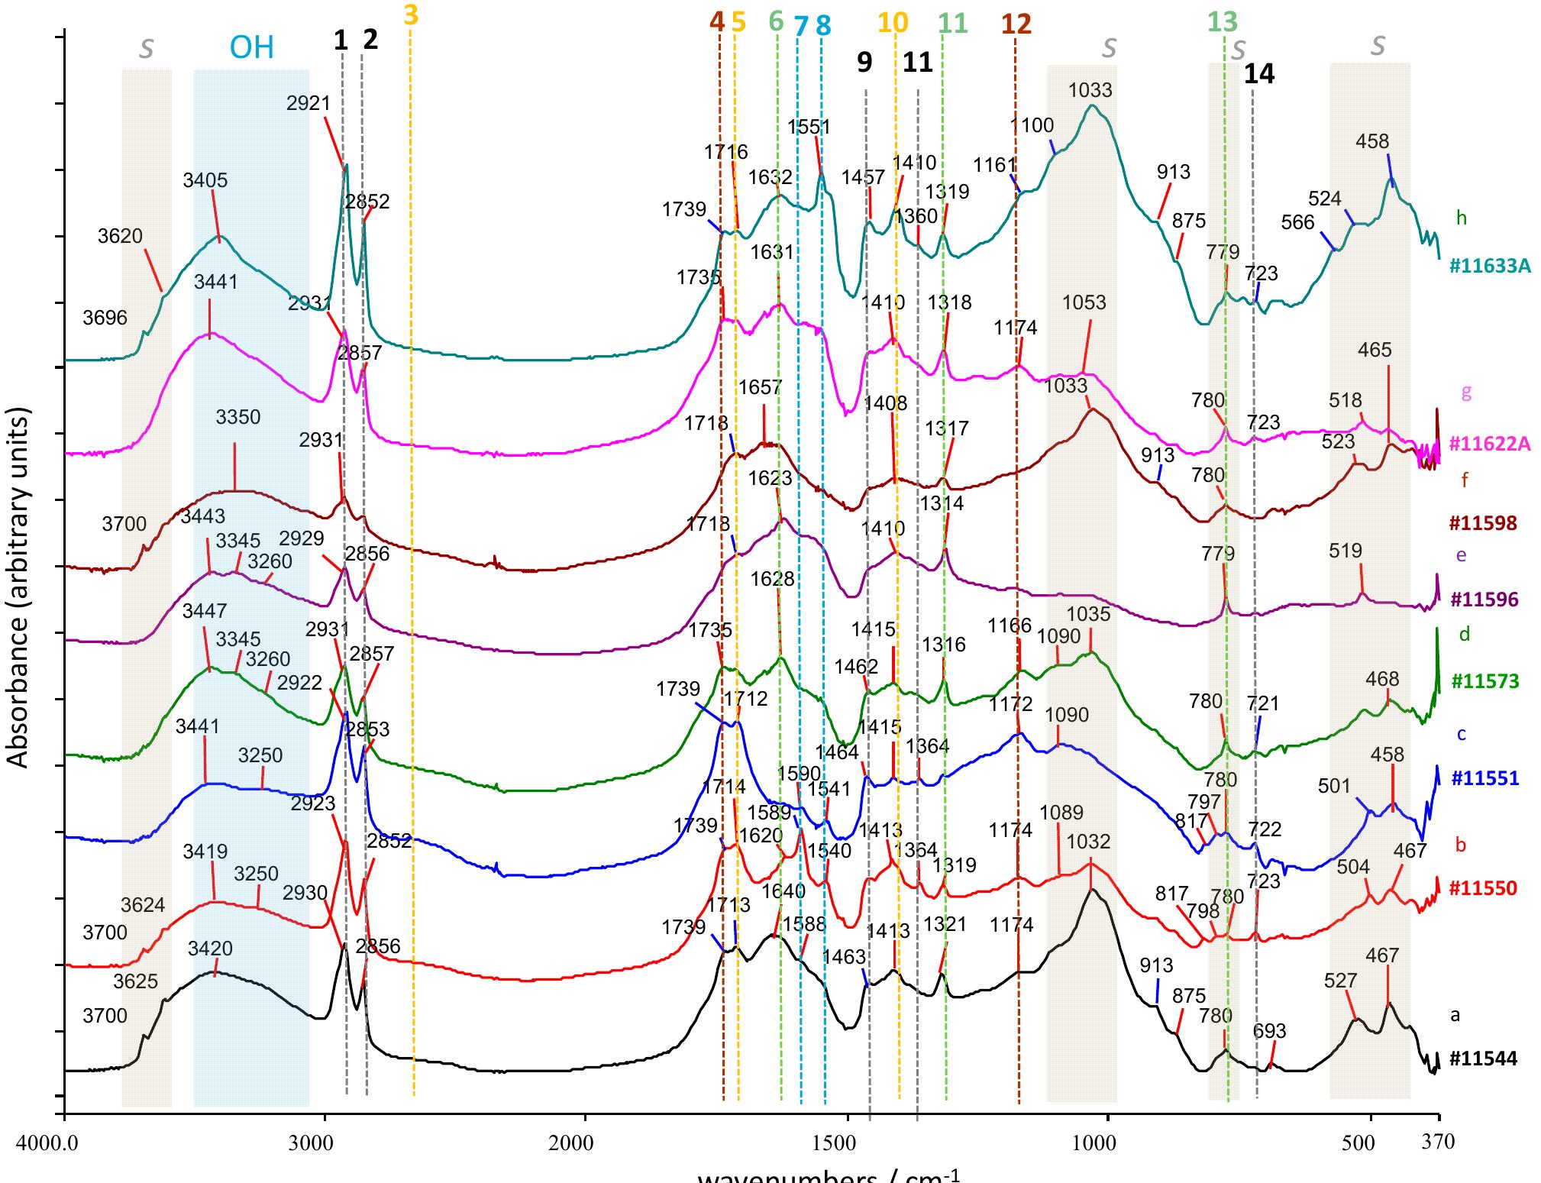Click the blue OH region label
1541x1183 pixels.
click(252, 49)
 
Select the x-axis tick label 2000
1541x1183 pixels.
click(584, 1143)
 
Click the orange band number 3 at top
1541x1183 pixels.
click(411, 15)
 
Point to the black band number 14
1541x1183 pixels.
click(1259, 74)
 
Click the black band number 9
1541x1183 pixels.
click(864, 63)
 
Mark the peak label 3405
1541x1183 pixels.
click(205, 181)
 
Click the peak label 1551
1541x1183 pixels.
click(809, 127)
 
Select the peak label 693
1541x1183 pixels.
click(1270, 1031)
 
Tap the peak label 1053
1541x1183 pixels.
click(1084, 302)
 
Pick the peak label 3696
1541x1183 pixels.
click(105, 317)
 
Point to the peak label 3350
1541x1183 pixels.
click(237, 418)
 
